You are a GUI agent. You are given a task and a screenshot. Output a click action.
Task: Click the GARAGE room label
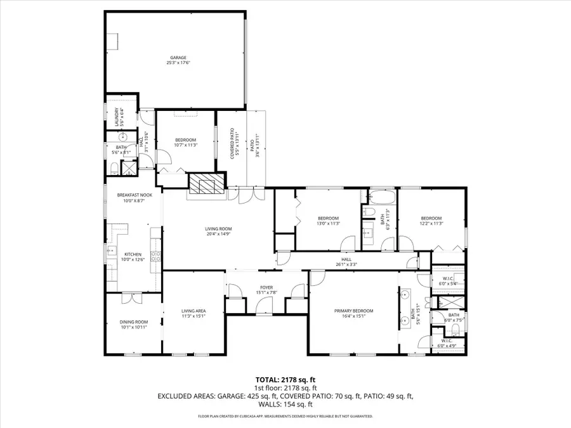click(178, 58)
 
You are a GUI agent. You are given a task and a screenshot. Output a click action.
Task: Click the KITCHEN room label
click(132, 254)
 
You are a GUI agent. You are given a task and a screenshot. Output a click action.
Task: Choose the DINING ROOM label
click(133, 321)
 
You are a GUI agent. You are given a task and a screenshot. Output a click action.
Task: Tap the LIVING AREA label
click(194, 311)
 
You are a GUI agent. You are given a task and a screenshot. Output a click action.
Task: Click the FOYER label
click(266, 288)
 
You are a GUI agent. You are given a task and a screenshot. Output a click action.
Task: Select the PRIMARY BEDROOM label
click(354, 311)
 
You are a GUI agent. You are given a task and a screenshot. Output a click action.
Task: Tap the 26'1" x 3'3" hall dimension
click(346, 264)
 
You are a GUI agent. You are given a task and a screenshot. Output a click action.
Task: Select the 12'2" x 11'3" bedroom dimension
click(431, 223)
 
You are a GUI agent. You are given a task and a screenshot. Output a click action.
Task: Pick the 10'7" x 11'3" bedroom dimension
click(186, 145)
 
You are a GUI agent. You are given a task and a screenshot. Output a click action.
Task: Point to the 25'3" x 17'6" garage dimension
click(178, 63)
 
